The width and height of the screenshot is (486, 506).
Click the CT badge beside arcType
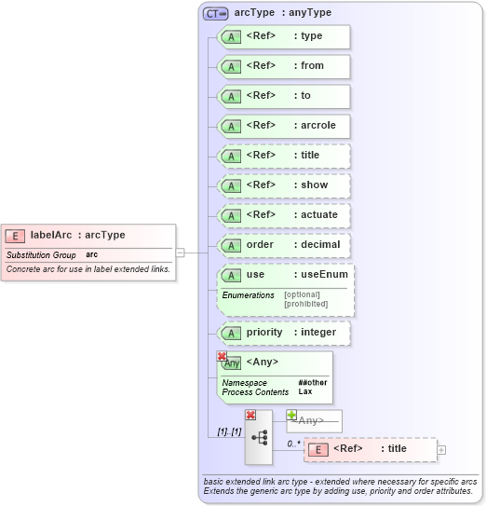[216, 13]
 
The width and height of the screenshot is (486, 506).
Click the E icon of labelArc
[15, 236]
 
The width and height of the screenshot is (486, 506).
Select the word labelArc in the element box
[51, 236]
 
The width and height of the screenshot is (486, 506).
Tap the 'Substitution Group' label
[41, 255]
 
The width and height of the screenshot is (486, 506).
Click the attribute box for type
[284, 36]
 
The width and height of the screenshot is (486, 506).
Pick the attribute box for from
[284, 66]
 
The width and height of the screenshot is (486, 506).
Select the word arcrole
[317, 125]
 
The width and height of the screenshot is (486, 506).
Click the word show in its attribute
[314, 185]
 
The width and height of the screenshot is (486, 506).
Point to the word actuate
[319, 214]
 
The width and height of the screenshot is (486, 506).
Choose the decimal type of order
[320, 244]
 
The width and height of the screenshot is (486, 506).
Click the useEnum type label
[323, 275]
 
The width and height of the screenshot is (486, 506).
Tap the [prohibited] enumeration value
[305, 304]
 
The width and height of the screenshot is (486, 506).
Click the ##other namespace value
[313, 382]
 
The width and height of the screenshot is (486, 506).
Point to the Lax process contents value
[304, 391]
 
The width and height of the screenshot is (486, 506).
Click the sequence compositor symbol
[259, 437]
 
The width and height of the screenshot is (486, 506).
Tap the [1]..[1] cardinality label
[229, 431]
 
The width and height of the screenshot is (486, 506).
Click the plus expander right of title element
[441, 449]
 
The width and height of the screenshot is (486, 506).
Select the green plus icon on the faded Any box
[291, 415]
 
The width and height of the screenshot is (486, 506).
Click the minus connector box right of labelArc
[181, 252]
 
